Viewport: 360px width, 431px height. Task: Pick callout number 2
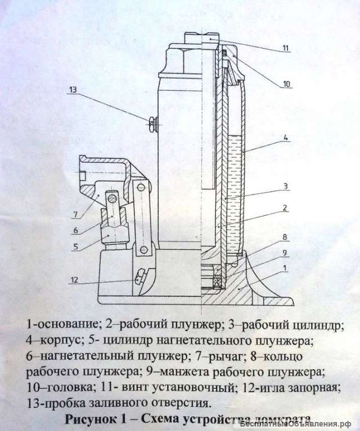(x=286, y=207)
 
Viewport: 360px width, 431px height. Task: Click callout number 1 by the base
(x=286, y=269)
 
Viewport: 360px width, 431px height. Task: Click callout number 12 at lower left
(x=74, y=279)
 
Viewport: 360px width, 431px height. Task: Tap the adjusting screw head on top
(x=200, y=39)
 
